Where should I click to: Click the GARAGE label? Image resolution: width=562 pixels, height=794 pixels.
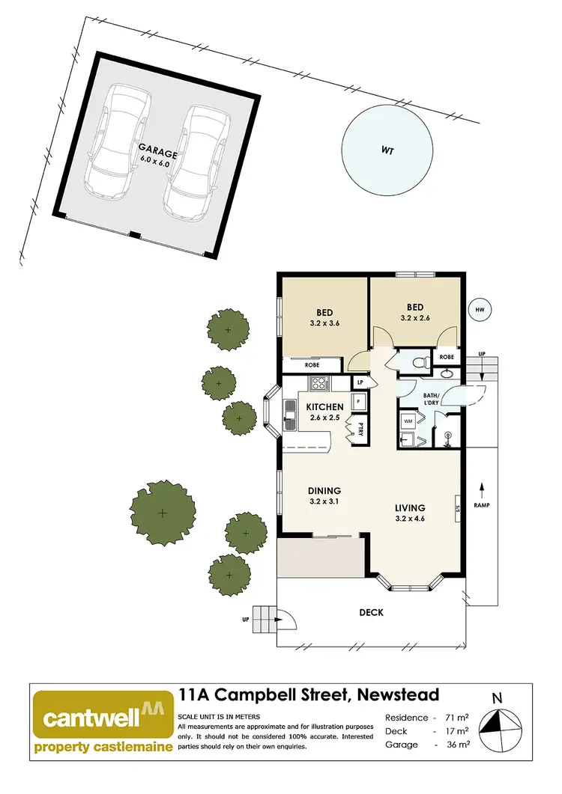click(x=158, y=153)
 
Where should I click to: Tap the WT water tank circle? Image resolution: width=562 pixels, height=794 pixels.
click(x=387, y=150)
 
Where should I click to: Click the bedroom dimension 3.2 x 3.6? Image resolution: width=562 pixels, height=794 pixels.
click(x=325, y=325)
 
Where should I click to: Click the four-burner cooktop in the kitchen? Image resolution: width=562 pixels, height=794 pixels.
click(x=318, y=385)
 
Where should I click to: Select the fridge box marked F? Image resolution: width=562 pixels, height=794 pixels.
click(x=359, y=402)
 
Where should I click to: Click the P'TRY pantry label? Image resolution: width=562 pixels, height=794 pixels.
click(x=360, y=430)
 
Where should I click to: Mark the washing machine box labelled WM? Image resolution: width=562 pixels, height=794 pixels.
click(x=408, y=421)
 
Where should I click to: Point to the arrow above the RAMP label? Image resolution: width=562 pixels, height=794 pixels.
click(x=481, y=491)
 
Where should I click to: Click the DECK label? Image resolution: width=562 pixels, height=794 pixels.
click(x=371, y=612)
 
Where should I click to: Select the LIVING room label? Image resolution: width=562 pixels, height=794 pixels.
click(x=410, y=507)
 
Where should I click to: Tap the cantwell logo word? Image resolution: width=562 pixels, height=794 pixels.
click(x=91, y=716)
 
